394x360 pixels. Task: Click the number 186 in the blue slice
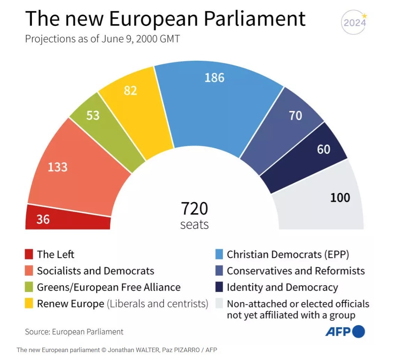pos(214,78)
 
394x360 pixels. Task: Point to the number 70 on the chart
pos(295,115)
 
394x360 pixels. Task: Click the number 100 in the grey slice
pos(340,197)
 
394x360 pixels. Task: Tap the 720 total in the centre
pos(194,209)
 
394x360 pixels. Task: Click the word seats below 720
pos(194,224)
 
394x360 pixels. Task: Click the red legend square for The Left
pos(29,255)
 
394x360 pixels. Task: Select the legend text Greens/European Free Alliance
pos(109,287)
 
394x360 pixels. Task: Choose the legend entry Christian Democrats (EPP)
pos(288,255)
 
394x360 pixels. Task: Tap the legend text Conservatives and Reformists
pos(296,271)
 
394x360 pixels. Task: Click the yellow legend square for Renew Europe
pos(29,304)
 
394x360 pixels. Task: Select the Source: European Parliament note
pos(74,331)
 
